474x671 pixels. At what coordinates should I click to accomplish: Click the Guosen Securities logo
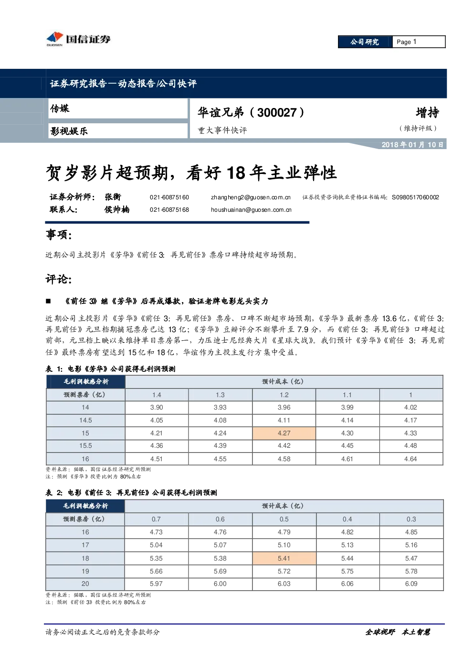click(78, 39)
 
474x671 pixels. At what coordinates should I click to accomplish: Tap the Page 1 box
click(419, 42)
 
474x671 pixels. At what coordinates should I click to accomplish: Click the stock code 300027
click(277, 113)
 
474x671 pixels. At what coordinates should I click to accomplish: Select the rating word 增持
click(427, 113)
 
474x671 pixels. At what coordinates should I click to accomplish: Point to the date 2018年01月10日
click(412, 145)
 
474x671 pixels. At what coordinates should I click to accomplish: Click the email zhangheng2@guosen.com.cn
click(251, 197)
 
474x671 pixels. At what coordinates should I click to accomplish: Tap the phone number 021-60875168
click(169, 210)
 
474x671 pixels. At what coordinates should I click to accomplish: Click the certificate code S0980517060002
click(415, 197)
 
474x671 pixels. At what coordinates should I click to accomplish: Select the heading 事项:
click(59, 235)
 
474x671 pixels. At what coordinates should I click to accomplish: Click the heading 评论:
click(59, 279)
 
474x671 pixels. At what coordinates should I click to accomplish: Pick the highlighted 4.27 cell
click(284, 433)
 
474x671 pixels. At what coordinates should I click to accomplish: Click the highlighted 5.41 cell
click(284, 558)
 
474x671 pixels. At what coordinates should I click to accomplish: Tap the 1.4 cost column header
click(157, 395)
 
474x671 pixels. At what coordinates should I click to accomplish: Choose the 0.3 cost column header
click(411, 519)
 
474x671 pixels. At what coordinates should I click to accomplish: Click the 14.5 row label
click(85, 420)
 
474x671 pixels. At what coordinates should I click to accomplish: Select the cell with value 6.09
click(411, 584)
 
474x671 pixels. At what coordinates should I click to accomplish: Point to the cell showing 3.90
click(157, 407)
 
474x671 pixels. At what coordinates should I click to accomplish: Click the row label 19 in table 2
click(85, 571)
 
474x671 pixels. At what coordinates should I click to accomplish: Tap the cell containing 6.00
click(220, 584)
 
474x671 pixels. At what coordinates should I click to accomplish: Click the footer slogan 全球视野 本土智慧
click(398, 632)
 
